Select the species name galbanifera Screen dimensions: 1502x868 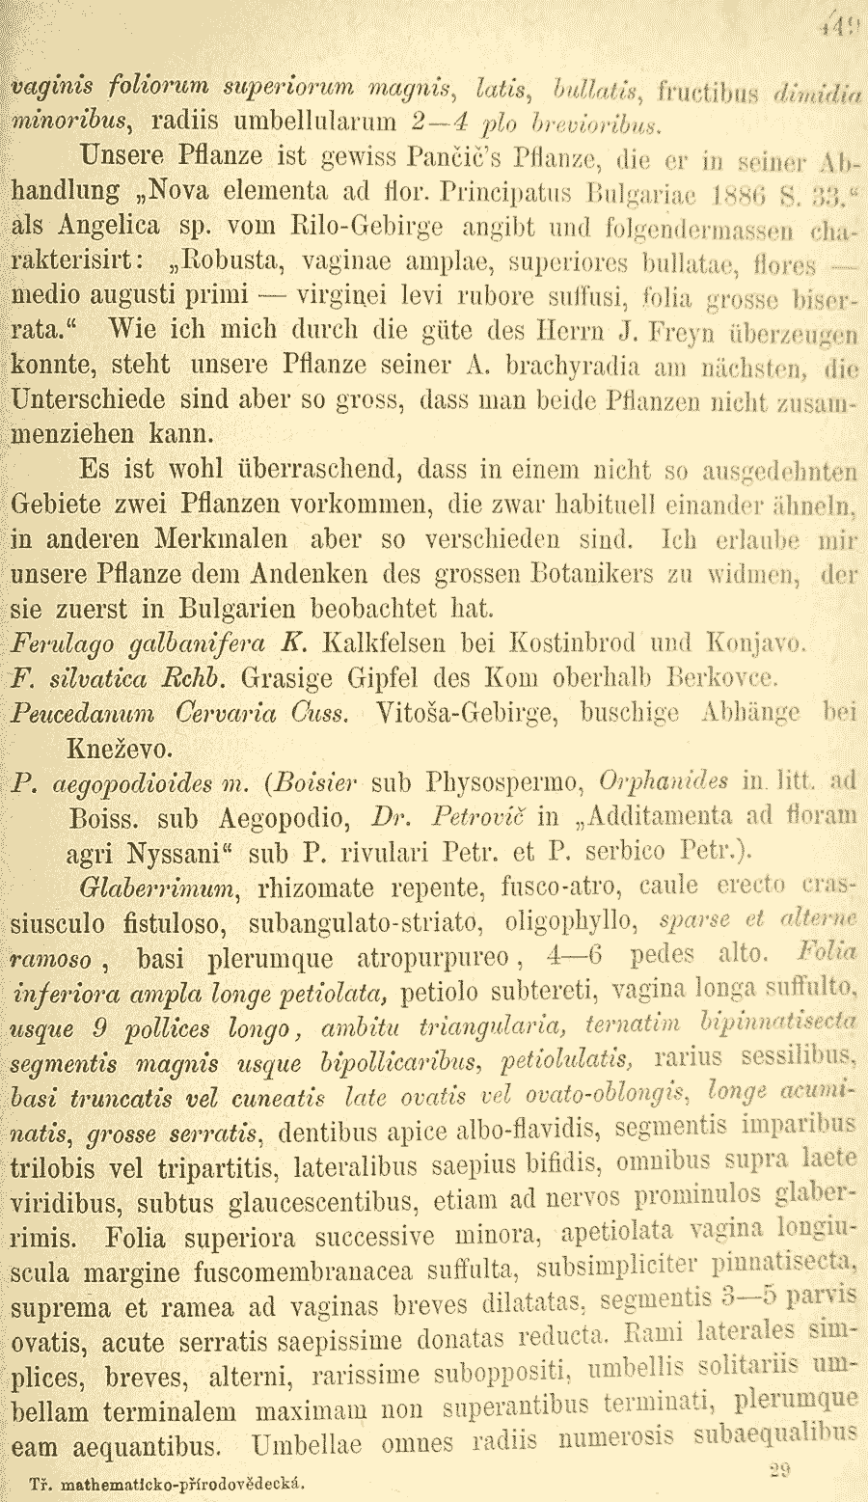coord(192,644)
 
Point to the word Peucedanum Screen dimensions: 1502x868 coord(83,714)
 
